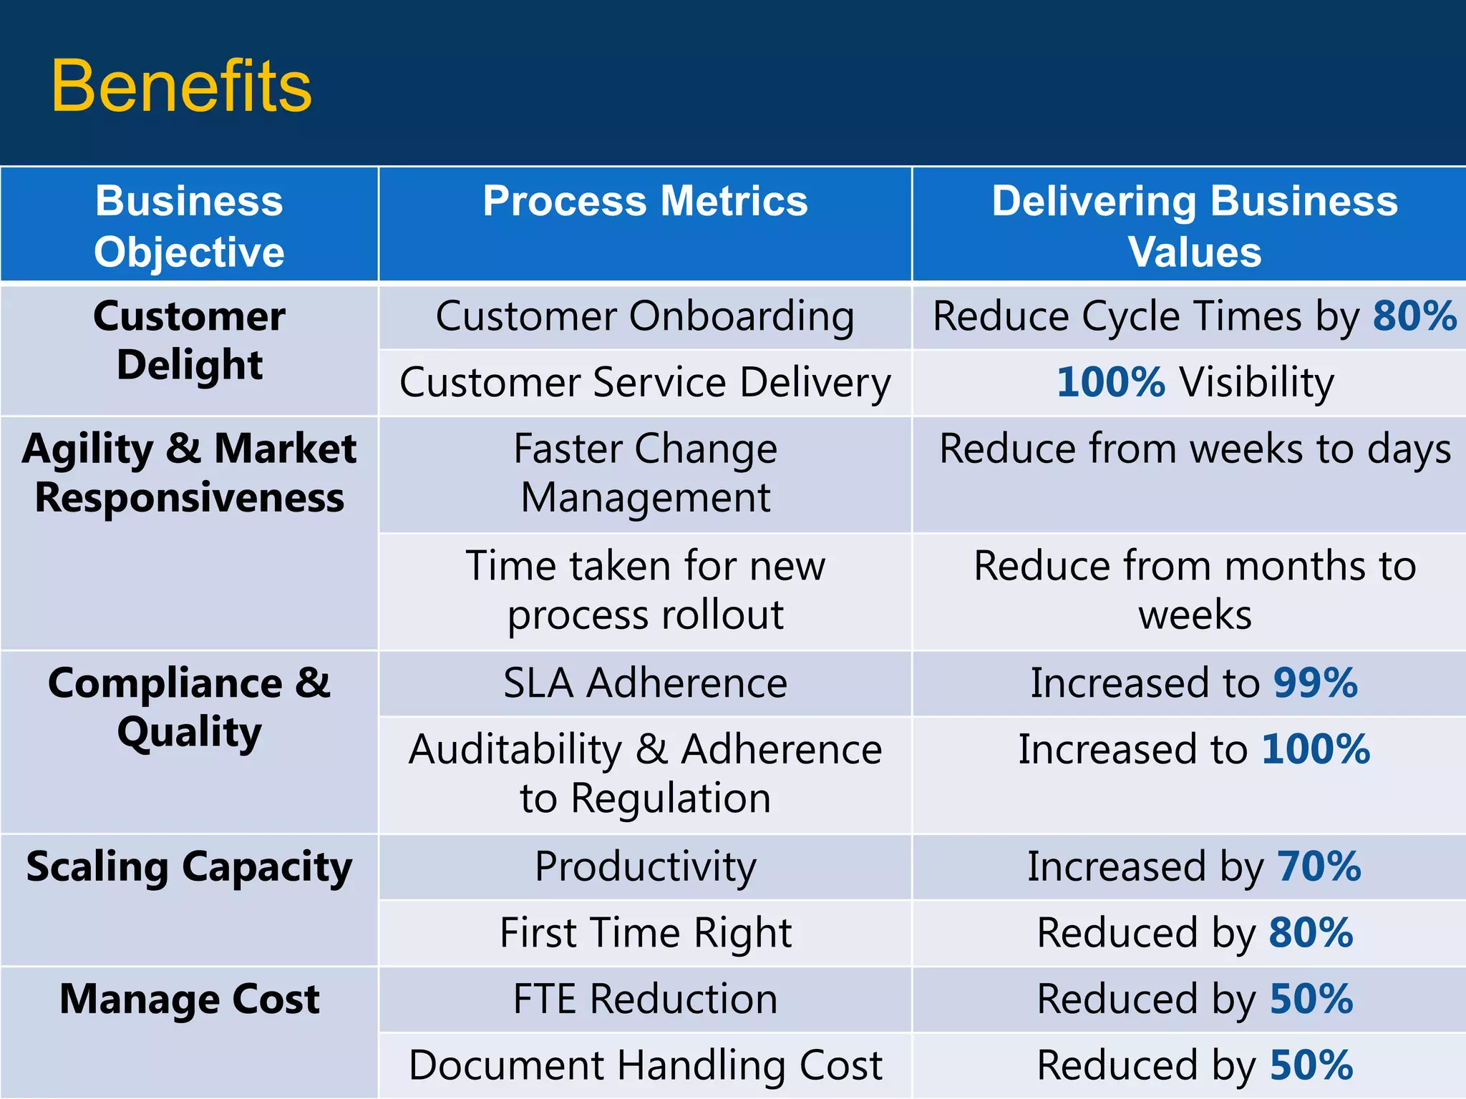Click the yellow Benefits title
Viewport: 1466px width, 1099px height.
point(181,87)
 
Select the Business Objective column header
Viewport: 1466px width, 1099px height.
point(189,226)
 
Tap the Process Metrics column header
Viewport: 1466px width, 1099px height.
point(645,201)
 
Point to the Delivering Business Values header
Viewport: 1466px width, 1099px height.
point(1194,226)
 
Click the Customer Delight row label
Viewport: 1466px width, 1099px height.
point(189,341)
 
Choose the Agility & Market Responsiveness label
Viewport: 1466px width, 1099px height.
point(189,473)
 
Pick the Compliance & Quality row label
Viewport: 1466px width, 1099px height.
point(189,707)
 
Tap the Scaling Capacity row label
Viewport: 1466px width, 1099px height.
point(189,867)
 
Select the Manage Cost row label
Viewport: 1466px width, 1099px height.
point(189,999)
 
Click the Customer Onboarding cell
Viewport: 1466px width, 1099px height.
point(645,316)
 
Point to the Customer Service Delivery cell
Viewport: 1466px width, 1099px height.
point(645,382)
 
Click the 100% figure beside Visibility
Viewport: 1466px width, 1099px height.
point(1111,382)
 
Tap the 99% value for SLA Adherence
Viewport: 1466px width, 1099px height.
point(1316,683)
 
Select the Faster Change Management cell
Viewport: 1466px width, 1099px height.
point(645,473)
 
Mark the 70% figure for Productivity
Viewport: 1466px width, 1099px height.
point(1319,866)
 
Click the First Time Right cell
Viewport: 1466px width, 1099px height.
point(645,933)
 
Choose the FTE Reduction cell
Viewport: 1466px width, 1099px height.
point(645,999)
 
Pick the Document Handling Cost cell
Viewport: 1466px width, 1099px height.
point(645,1065)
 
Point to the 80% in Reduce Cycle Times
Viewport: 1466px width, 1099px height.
point(1414,316)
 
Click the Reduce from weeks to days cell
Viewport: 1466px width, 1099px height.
point(1194,449)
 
